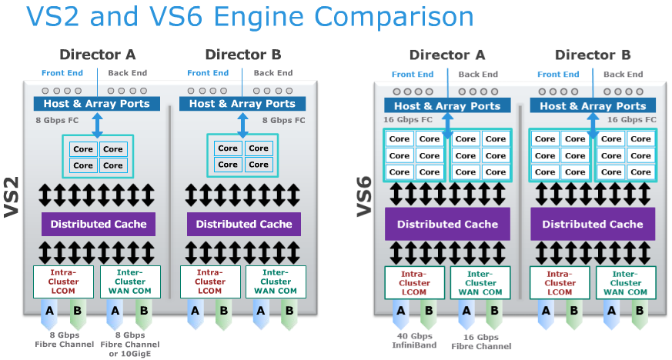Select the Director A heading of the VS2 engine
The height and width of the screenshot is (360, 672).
point(98,55)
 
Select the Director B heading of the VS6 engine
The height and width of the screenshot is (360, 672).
point(593,55)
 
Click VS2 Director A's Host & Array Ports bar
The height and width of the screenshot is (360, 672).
point(97,104)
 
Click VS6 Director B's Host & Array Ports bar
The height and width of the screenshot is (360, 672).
point(593,106)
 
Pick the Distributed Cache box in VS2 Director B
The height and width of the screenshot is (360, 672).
point(244,224)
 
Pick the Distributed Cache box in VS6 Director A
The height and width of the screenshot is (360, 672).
point(447,224)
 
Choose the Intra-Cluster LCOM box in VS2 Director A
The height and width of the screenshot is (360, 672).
point(63,282)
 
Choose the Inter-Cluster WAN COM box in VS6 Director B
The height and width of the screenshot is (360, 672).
point(626,282)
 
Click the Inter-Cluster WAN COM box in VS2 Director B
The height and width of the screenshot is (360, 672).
point(276,282)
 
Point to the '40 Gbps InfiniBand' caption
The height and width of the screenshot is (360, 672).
point(414,340)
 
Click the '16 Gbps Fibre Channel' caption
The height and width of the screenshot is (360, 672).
point(482,342)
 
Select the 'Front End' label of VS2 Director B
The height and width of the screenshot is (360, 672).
point(208,73)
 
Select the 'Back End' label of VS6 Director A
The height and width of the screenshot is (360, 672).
point(480,75)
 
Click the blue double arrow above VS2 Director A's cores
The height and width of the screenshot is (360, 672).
point(98,124)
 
